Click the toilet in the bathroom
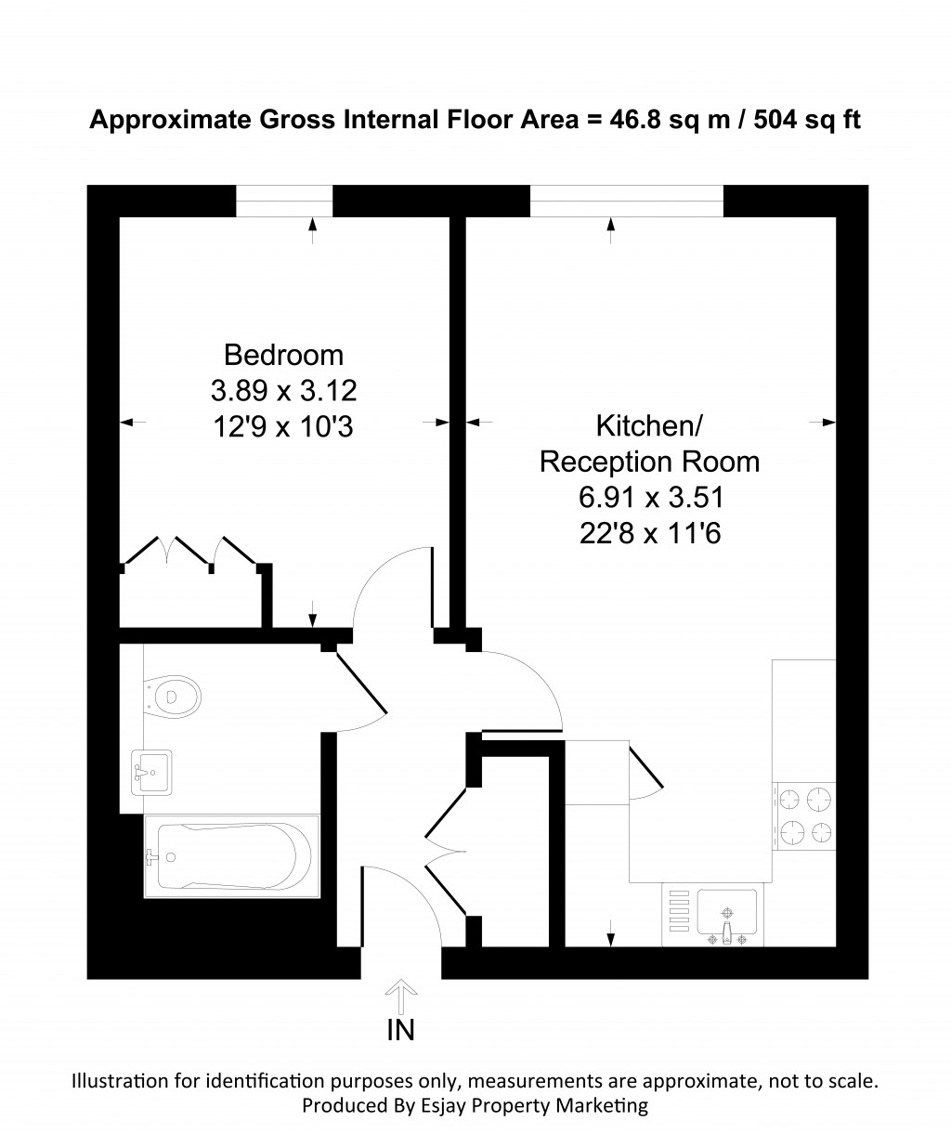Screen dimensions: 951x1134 [x=172, y=697]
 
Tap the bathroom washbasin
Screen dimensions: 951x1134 [x=151, y=773]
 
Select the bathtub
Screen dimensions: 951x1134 [x=232, y=856]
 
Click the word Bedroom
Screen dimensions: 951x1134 [x=283, y=355]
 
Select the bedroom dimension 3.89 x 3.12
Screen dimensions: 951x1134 [x=283, y=390]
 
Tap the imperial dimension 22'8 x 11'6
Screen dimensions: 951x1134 [x=650, y=533]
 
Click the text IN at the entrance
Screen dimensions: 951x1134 [x=401, y=1030]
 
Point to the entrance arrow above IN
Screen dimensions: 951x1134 [x=401, y=997]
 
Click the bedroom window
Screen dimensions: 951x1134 [x=284, y=201]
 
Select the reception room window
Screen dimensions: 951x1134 [x=626, y=201]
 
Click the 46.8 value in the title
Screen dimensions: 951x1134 [x=633, y=120]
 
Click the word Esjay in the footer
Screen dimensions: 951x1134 [x=442, y=1106]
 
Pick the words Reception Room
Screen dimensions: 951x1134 [x=649, y=462]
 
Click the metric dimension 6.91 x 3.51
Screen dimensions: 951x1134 [x=651, y=498]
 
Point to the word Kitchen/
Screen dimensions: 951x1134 [x=649, y=425]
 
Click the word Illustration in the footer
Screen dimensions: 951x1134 [x=121, y=1081]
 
